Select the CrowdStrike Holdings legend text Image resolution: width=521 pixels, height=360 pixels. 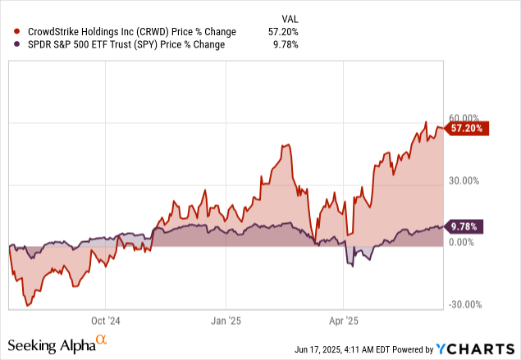[126, 32]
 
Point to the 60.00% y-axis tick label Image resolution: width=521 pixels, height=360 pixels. [464, 118]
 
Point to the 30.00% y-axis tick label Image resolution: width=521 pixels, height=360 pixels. [464, 180]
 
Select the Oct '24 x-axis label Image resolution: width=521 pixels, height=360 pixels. [106, 321]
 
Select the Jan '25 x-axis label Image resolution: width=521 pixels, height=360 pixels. [226, 321]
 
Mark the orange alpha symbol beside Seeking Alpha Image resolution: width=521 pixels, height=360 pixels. [102, 339]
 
